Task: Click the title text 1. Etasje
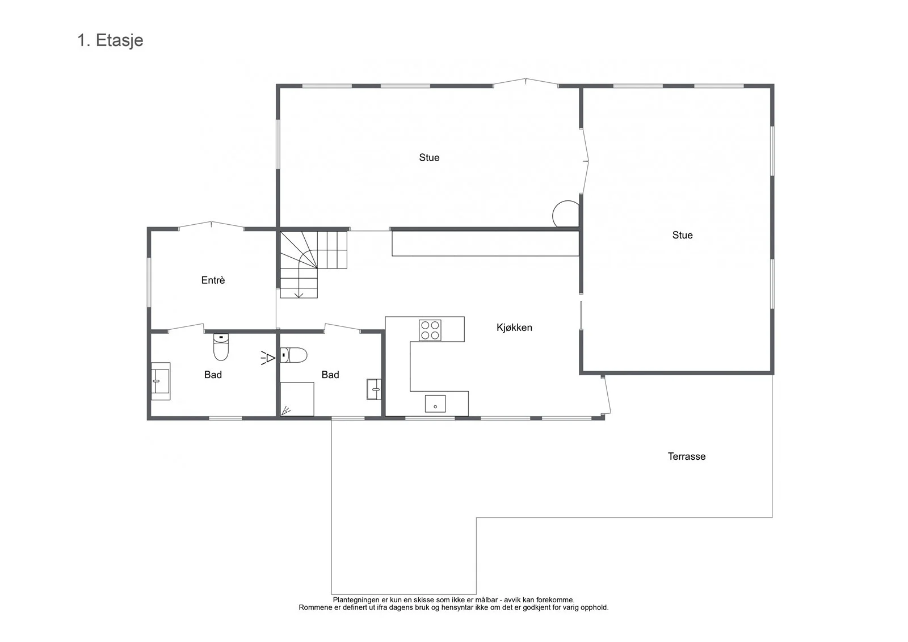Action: coord(110,40)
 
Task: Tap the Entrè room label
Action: coord(213,280)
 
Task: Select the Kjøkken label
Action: coord(514,328)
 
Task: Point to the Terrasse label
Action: coord(687,456)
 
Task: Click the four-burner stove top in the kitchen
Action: coord(430,330)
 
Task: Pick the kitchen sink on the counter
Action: coord(435,404)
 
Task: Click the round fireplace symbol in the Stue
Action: coord(566,214)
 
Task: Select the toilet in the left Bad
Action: coord(221,347)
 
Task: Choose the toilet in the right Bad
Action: coord(293,355)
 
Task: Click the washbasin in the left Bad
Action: coord(161,381)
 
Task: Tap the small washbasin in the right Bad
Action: coord(374,389)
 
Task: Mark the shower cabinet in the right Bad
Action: coord(297,399)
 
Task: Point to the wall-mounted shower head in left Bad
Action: coord(268,358)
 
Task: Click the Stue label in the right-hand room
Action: coord(682,235)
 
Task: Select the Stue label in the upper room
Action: coord(429,158)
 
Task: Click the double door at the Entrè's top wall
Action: coord(211,225)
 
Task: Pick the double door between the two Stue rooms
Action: coord(585,161)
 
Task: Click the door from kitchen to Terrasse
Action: coord(606,395)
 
